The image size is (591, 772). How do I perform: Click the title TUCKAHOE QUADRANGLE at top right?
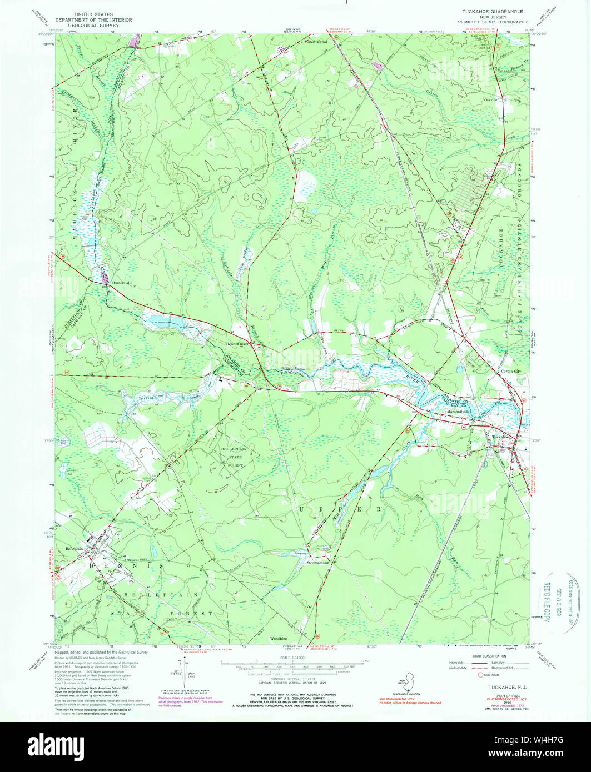tap(490, 11)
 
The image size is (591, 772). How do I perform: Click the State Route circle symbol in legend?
tap(480, 674)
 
